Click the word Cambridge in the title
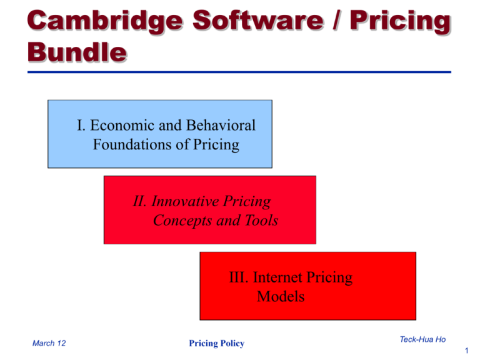105,22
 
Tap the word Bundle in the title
77,52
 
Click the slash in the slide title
337,21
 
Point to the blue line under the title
239,72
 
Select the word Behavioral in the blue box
221,125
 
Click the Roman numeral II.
139,201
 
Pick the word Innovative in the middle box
185,201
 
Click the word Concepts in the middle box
182,221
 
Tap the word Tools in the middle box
261,220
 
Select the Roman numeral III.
239,277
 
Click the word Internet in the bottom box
277,277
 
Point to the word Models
281,296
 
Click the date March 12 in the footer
49,343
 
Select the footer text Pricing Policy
216,344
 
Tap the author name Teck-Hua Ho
422,339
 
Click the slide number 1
466,351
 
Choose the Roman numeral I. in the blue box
81,125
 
